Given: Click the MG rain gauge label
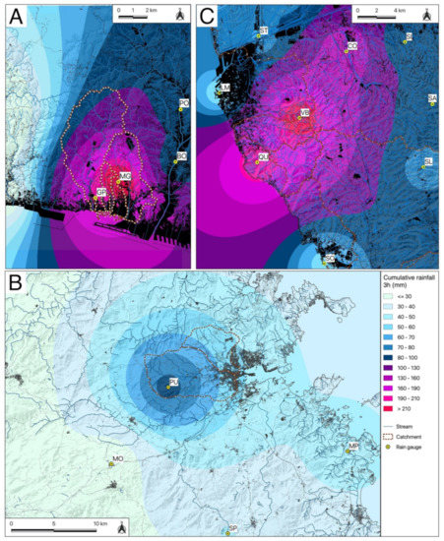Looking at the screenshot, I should (x=125, y=175).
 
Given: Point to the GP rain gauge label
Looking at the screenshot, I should (x=100, y=191).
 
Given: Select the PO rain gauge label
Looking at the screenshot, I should (x=184, y=102).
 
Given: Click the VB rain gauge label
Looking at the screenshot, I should (x=304, y=113).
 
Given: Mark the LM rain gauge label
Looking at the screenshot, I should (x=225, y=89).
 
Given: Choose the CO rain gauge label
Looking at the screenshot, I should (x=351, y=45).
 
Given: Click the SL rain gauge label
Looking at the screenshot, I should (x=428, y=160).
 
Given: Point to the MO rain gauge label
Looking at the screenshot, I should (x=117, y=458).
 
